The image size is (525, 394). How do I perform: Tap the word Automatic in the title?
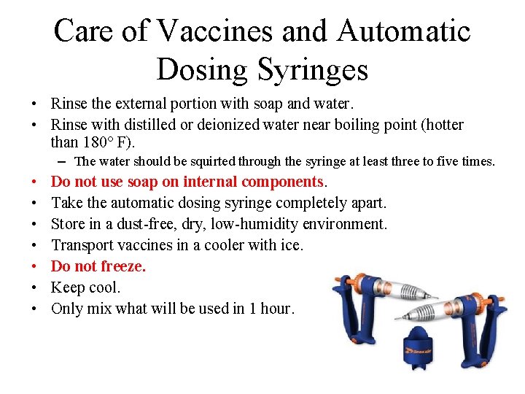click(x=405, y=31)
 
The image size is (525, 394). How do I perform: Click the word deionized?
click(x=220, y=125)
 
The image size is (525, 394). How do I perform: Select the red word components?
click(x=282, y=181)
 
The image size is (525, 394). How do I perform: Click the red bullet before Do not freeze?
click(x=36, y=267)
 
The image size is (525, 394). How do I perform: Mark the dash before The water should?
click(x=65, y=161)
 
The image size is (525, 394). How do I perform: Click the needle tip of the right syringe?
click(x=398, y=318)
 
